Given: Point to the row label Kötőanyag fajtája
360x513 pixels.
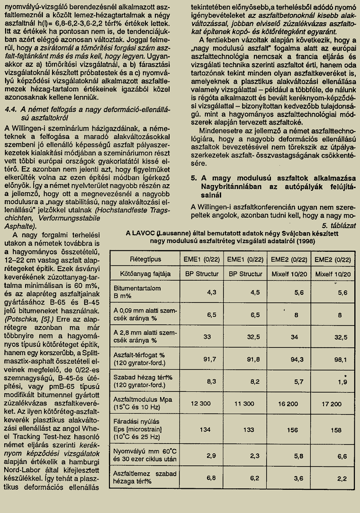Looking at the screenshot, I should [140, 274].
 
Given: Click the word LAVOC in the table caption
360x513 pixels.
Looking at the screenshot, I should [144, 233].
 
